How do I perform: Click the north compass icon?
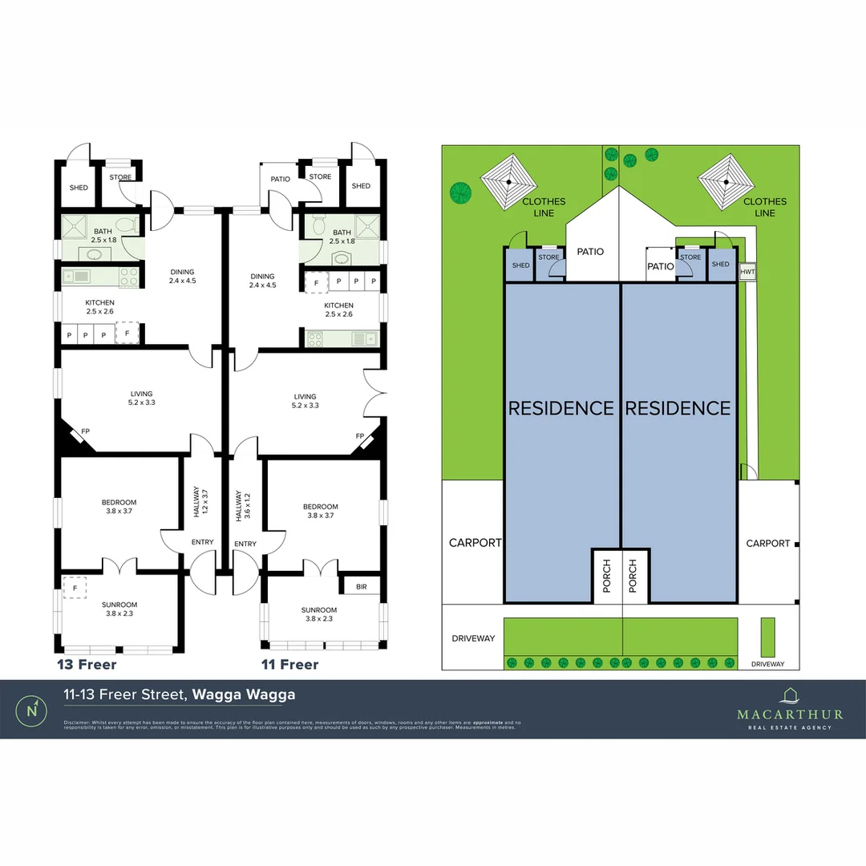click(31, 710)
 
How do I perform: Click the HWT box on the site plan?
click(747, 272)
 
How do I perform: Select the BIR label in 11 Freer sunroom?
click(361, 587)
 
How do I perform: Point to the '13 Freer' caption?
click(87, 665)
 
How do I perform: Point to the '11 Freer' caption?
click(290, 665)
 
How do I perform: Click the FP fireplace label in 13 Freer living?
click(85, 431)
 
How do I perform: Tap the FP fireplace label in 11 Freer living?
click(360, 436)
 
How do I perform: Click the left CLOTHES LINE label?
click(544, 207)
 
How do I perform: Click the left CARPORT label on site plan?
click(475, 543)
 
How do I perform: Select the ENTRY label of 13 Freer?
click(202, 543)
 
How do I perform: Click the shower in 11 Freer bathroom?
click(367, 226)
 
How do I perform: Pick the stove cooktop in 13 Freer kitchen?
click(128, 277)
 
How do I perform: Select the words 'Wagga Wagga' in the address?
click(244, 694)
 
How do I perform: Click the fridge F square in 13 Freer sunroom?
click(75, 588)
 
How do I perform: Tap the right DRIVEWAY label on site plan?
click(767, 665)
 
